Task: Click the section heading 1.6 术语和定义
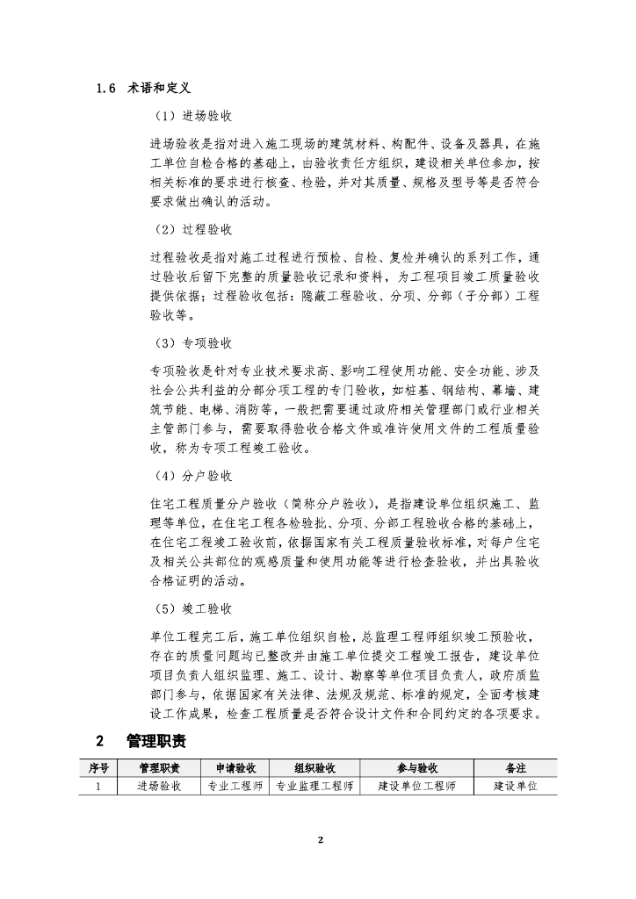click(x=146, y=89)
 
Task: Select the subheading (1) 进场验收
click(x=194, y=116)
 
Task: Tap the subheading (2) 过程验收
click(x=194, y=230)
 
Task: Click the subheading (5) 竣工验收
click(x=194, y=608)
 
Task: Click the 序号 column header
click(x=99, y=767)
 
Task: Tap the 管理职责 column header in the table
click(x=159, y=767)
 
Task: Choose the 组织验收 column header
click(x=314, y=767)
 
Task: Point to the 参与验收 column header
click(x=416, y=767)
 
